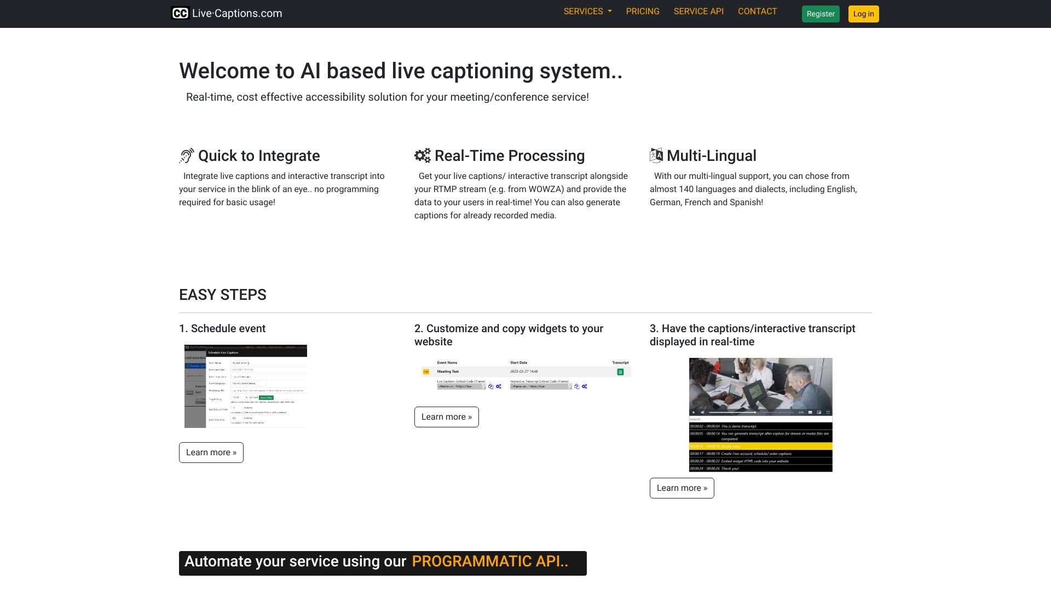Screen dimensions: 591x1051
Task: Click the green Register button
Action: click(x=820, y=14)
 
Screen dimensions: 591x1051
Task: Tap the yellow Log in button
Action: click(x=863, y=14)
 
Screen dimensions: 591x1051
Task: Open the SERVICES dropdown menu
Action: click(x=587, y=11)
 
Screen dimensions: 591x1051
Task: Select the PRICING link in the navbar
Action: click(x=643, y=11)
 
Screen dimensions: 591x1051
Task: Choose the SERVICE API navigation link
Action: click(x=698, y=11)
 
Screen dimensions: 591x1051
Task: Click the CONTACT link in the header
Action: click(x=757, y=11)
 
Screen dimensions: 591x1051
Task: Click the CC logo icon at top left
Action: click(x=180, y=13)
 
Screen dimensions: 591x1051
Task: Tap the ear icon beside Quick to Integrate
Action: click(x=187, y=156)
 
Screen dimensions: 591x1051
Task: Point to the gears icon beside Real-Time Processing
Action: click(x=423, y=156)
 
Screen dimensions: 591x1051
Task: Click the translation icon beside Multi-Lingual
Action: click(x=656, y=156)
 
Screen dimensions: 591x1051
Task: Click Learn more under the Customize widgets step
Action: click(x=446, y=417)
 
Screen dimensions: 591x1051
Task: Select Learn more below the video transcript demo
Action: click(x=682, y=488)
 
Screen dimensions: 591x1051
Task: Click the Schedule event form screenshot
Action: click(x=246, y=386)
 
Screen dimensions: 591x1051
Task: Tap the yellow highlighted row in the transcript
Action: click(x=760, y=447)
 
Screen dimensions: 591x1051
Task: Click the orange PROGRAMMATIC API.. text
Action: click(x=490, y=561)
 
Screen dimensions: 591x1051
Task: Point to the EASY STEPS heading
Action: click(x=223, y=295)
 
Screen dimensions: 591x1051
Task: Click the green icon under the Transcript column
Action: click(x=620, y=372)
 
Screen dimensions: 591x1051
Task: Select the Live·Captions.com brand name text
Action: click(x=237, y=14)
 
